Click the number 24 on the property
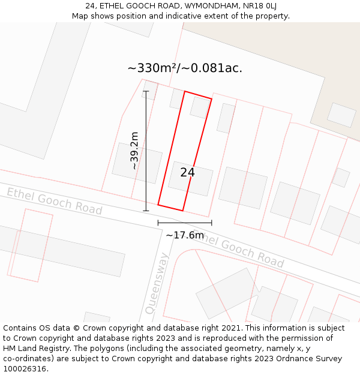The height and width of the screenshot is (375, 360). point(187,173)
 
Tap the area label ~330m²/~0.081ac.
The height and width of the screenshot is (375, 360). point(185,68)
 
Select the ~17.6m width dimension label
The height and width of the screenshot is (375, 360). point(185,235)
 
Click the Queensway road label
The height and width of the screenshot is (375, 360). point(157,284)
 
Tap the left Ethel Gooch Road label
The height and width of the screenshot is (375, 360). point(55,201)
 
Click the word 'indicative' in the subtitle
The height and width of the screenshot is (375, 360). point(182,16)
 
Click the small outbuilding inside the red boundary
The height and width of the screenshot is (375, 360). point(200,107)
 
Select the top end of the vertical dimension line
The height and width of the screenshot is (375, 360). point(146,91)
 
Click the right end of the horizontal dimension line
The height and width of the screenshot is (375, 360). point(211,223)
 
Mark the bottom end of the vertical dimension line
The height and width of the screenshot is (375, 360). point(146,211)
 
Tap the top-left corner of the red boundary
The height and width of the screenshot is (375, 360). point(185,91)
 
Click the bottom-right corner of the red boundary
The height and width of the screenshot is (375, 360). point(182,211)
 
